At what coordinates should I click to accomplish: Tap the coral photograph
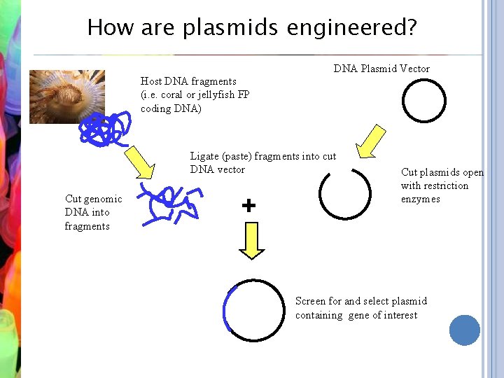click(x=67, y=96)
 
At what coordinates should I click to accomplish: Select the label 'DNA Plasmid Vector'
click(x=381, y=69)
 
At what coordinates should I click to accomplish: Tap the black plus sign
click(x=248, y=206)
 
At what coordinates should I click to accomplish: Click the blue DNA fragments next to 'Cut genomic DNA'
click(x=168, y=203)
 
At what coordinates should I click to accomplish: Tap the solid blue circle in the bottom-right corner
click(x=465, y=330)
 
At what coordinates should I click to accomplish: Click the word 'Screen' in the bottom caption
click(x=310, y=301)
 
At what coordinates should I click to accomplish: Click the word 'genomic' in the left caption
click(x=103, y=199)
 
